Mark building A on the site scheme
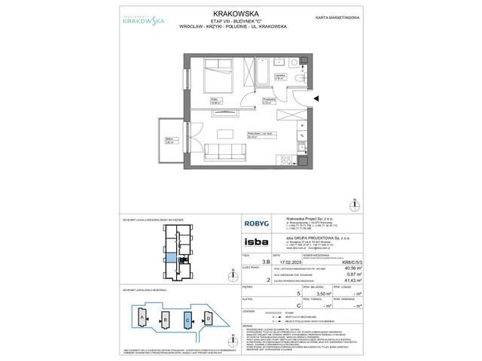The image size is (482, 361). (142, 319)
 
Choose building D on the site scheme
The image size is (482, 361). (208, 319)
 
